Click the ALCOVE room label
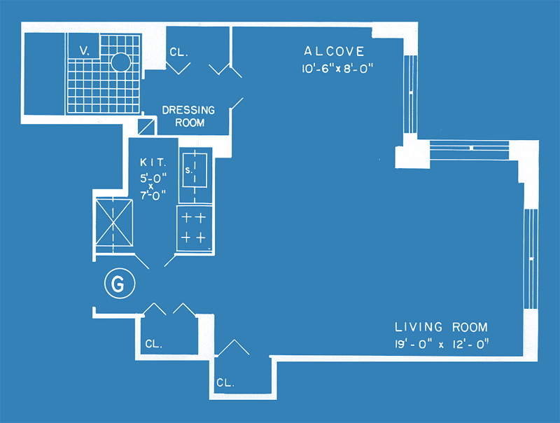click(x=334, y=51)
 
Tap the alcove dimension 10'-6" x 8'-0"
click(x=337, y=68)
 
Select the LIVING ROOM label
click(x=441, y=327)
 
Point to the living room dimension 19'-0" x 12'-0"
click(x=442, y=344)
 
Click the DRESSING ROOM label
click(x=188, y=116)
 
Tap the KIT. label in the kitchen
click(x=153, y=162)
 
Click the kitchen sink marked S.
click(x=195, y=170)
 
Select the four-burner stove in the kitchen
click(x=195, y=228)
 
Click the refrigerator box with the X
click(x=114, y=223)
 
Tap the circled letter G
click(x=120, y=284)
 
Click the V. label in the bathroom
click(x=85, y=51)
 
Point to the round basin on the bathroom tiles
click(x=120, y=62)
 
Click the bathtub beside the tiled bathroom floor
click(x=44, y=74)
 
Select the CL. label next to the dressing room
click(x=178, y=52)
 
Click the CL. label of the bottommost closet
click(x=225, y=382)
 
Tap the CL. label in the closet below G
click(x=154, y=344)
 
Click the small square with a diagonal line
click(x=146, y=127)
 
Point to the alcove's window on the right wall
click(x=410, y=95)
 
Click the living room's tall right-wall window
click(x=531, y=259)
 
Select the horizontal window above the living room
click(x=469, y=148)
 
